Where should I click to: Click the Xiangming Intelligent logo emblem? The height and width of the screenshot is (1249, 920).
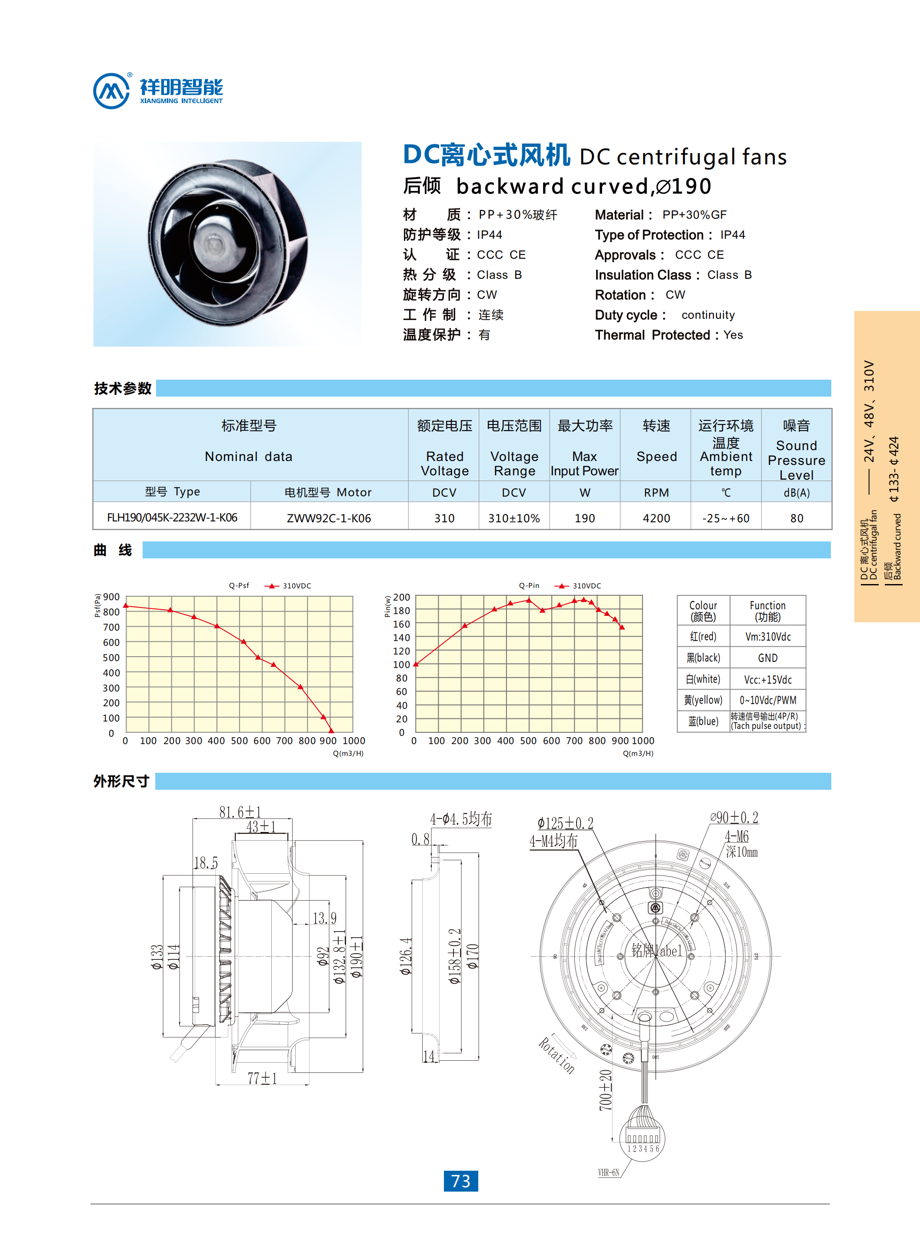click(111, 91)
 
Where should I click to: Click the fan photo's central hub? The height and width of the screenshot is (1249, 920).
click(214, 244)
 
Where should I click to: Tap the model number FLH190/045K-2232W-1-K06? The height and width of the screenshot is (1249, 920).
click(172, 518)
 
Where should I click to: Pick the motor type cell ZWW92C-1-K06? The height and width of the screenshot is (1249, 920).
click(329, 518)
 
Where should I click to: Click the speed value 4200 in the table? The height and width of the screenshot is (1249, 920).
click(656, 518)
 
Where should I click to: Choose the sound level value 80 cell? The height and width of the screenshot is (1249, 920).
click(797, 518)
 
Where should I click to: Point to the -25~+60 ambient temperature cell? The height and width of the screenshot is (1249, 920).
click(726, 518)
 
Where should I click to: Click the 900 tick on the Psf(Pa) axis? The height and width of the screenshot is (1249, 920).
click(111, 597)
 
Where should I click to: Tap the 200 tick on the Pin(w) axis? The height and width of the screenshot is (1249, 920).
click(402, 597)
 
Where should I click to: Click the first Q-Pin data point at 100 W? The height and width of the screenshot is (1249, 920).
click(416, 664)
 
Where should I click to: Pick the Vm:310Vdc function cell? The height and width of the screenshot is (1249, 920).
click(767, 637)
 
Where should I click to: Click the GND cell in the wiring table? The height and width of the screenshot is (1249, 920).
click(767, 658)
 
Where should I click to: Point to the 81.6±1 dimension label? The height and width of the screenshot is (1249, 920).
click(240, 812)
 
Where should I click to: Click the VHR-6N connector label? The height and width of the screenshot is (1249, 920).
click(608, 1172)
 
